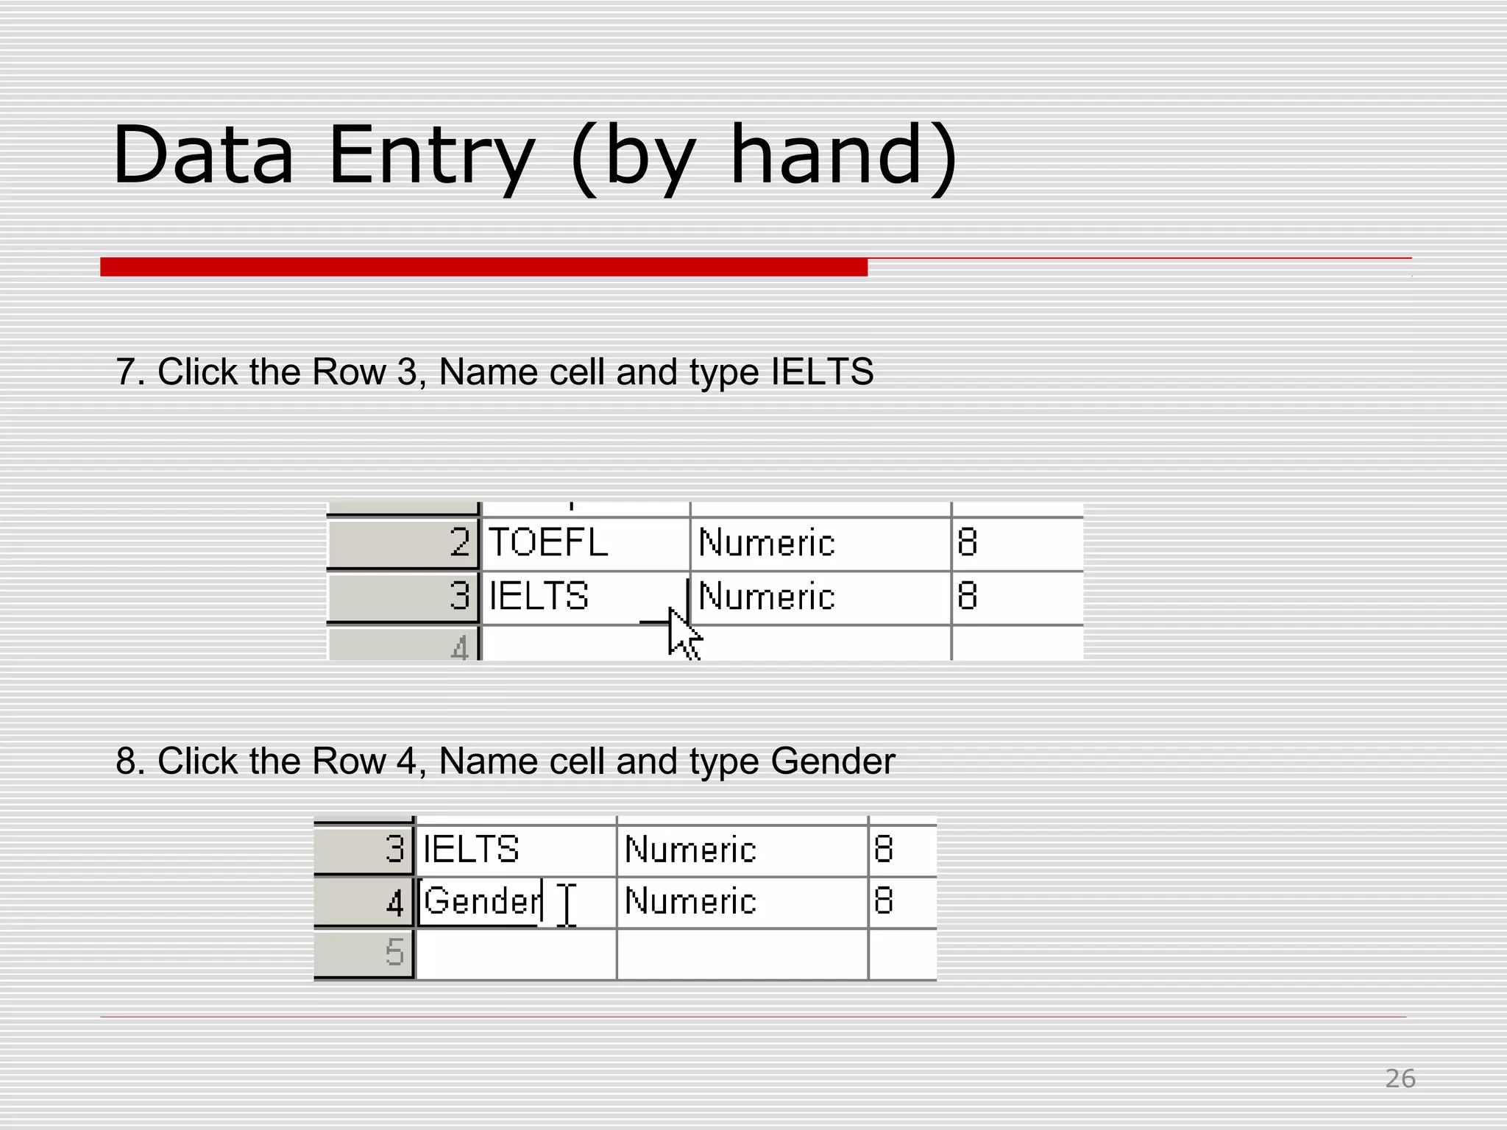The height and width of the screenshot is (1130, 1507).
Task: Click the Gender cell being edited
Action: click(483, 901)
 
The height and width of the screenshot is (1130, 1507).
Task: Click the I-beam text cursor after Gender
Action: click(567, 904)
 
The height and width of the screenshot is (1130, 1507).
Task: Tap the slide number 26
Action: click(1400, 1079)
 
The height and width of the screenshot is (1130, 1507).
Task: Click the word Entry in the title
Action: click(431, 156)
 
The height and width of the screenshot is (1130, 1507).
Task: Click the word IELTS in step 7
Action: click(822, 372)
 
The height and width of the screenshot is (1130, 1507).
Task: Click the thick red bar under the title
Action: click(483, 266)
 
